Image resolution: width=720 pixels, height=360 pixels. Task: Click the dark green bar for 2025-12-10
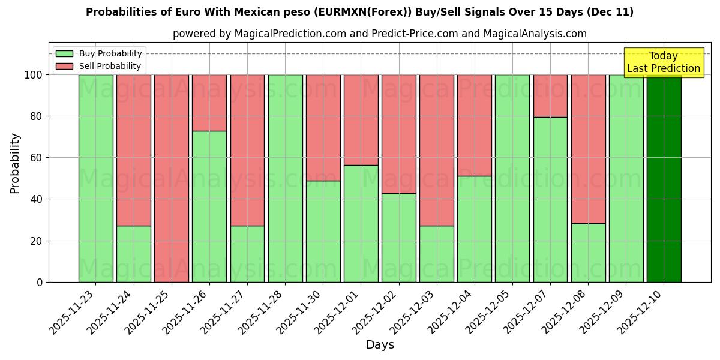pos(664,178)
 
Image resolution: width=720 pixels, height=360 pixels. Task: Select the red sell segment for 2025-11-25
pos(172,178)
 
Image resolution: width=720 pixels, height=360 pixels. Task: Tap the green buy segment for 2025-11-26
pos(209,206)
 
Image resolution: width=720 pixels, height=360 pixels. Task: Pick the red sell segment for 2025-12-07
pos(550,95)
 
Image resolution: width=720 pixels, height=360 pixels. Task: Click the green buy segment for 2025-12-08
pos(588,253)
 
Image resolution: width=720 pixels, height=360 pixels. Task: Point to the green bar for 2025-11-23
pos(96,178)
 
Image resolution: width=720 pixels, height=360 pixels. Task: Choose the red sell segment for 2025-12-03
pos(437,150)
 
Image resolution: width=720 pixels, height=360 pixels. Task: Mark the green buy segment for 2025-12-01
pos(361,223)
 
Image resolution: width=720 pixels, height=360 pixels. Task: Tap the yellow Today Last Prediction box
pos(663,62)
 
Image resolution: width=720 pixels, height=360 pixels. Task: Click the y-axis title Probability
pos(15,163)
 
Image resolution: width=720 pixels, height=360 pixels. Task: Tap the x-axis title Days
pos(380,345)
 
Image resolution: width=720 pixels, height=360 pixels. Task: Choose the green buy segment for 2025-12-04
pos(475,229)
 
